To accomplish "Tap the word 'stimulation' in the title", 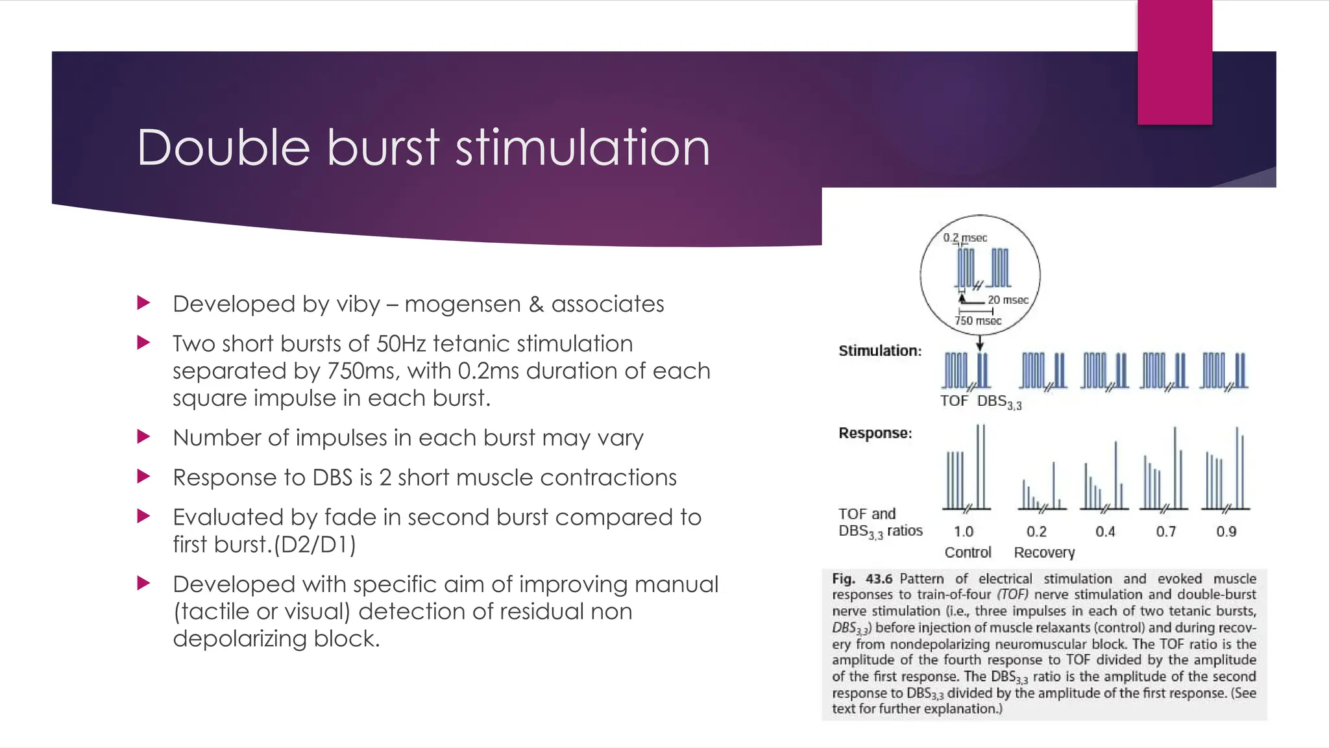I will coord(582,147).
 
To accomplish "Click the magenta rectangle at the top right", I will coord(1175,62).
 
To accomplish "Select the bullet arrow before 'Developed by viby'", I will coord(144,303).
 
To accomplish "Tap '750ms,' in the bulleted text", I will coord(363,371).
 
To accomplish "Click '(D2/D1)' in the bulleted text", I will coord(315,544).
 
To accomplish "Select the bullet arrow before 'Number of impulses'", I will coord(144,436).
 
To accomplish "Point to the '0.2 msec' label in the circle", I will coord(965,238).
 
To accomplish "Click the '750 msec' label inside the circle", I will coord(977,321).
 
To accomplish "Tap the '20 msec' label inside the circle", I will coord(1008,300).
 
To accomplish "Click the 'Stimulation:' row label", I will coord(880,351).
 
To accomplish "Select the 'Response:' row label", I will coord(875,433).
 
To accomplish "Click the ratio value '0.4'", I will coord(1104,532).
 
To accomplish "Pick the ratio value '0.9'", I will coord(1226,532).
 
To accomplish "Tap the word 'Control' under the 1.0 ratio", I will coord(968,553).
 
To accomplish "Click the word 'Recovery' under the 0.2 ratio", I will coord(1044,553).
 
